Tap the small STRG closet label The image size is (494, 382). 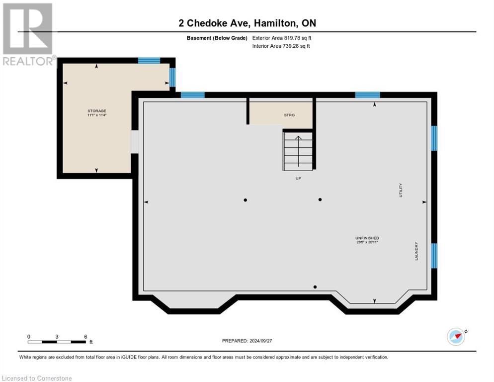tap(289, 115)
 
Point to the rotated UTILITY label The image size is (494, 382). tap(401, 191)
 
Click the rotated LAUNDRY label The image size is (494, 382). tap(416, 251)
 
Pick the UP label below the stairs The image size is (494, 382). tap(298, 178)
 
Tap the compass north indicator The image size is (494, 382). tap(456, 336)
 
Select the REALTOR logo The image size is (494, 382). tap(28, 34)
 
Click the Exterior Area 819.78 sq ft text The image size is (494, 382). tap(282, 38)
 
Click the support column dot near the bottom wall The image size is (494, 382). tap(315, 287)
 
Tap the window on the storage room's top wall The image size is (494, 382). tap(149, 61)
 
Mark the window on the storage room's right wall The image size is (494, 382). tap(172, 77)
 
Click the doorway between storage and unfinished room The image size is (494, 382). tap(134, 141)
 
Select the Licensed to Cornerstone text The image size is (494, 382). tap(37, 379)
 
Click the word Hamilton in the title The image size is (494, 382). tap(274, 23)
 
